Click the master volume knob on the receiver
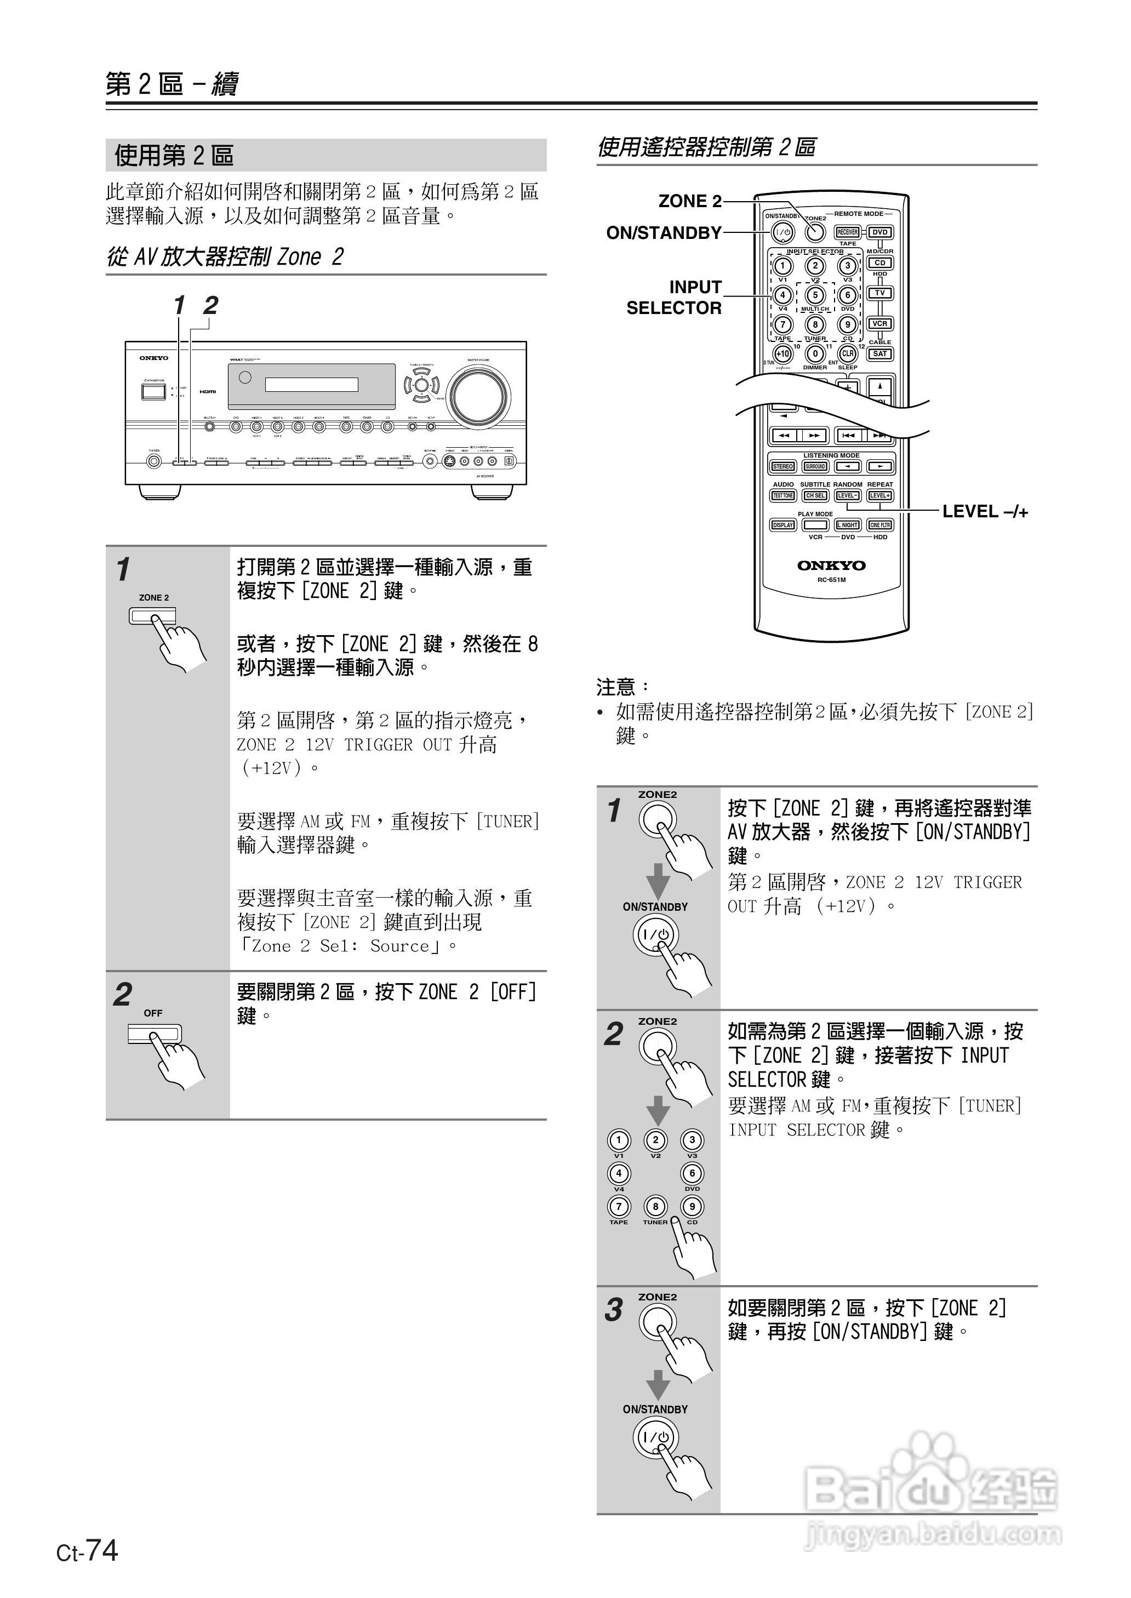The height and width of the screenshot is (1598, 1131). pyautogui.click(x=478, y=396)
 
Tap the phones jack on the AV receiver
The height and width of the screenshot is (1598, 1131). pyautogui.click(x=154, y=461)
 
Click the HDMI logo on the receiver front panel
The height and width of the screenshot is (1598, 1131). pyautogui.click(x=208, y=391)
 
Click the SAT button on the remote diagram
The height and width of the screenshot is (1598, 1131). pyautogui.click(x=879, y=353)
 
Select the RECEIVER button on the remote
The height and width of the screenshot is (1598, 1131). pyautogui.click(x=848, y=232)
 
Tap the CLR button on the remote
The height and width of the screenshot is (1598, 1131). pyautogui.click(x=848, y=353)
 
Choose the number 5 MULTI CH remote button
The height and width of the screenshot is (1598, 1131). pyautogui.click(x=815, y=294)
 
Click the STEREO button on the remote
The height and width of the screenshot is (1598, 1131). pyautogui.click(x=783, y=466)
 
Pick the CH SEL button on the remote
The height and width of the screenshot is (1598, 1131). pyautogui.click(x=815, y=496)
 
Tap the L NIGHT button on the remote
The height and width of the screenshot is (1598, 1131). pyautogui.click(x=848, y=525)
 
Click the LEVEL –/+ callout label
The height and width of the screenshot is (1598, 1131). pyautogui.click(x=985, y=512)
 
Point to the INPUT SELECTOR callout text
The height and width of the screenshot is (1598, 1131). pyautogui.click(x=673, y=298)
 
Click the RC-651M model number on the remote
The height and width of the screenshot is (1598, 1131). pyautogui.click(x=831, y=579)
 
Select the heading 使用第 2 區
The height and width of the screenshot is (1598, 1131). pyautogui.click(x=174, y=155)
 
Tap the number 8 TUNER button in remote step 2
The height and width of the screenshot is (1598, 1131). pyautogui.click(x=655, y=1206)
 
